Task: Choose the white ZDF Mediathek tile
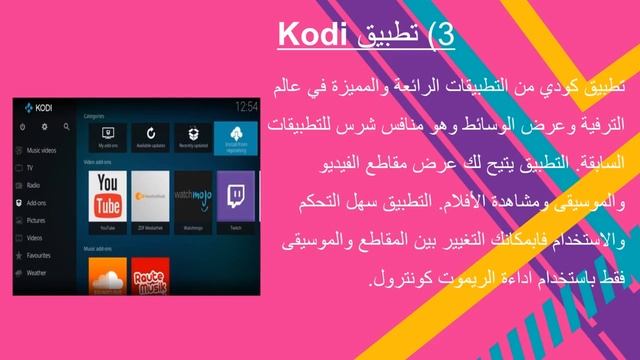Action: coord(150,194)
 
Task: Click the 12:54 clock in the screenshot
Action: coord(246,105)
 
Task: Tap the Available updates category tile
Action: coord(150,139)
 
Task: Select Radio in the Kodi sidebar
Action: coord(33,185)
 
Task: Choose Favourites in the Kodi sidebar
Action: coord(39,254)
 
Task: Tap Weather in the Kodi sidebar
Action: coord(36,271)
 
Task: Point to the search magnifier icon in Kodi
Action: coord(66,127)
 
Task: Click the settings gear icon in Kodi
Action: coord(43,127)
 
